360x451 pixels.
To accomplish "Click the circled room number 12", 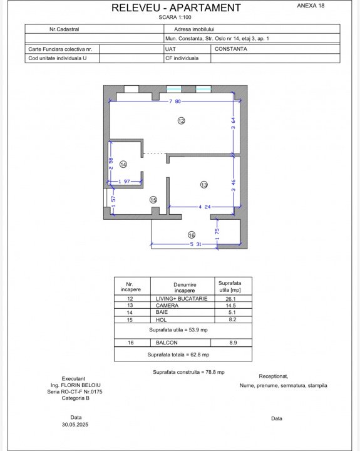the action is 181,121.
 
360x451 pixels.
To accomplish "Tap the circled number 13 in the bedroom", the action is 204,185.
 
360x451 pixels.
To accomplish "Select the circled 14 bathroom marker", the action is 123,164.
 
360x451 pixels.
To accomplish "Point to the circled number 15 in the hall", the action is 153,200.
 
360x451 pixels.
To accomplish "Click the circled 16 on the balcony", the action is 192,235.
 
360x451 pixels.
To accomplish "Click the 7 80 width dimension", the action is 175,101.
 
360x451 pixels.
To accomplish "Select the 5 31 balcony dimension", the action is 195,244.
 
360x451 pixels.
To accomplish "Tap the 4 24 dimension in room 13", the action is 205,207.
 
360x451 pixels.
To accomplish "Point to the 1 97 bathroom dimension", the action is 124,182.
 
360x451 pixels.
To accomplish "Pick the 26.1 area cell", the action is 230,299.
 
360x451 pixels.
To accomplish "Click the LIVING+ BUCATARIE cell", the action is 182,299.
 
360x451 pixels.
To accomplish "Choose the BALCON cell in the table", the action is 167,343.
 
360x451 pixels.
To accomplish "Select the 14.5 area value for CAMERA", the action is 230,306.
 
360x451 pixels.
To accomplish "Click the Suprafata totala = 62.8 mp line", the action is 178,355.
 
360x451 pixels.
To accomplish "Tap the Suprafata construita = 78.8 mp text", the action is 188,372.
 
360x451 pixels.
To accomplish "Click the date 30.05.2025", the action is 75,425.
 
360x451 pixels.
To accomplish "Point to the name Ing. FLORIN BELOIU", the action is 76,385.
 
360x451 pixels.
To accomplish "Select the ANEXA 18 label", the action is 311,6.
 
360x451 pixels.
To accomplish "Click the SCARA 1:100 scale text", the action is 175,18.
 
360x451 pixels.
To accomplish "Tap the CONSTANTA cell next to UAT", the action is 231,49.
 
